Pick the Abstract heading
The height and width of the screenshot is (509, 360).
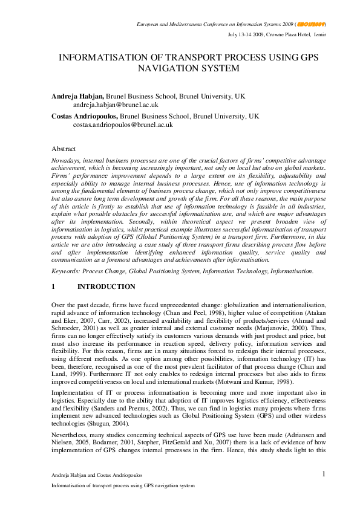coord(64,148)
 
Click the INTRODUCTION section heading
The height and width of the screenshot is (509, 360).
coord(106,287)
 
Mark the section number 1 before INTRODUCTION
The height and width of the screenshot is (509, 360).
coord(54,287)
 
